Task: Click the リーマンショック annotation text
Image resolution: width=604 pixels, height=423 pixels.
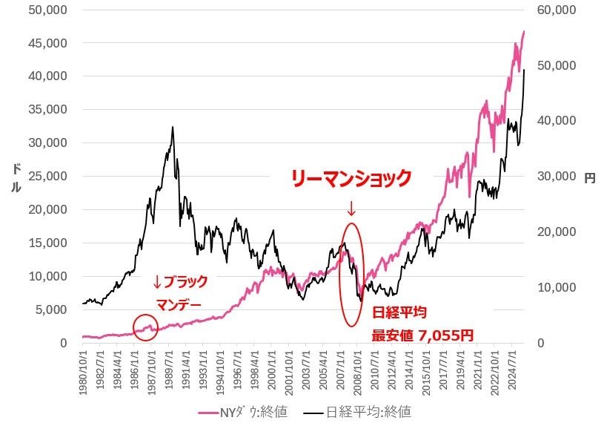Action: point(350,178)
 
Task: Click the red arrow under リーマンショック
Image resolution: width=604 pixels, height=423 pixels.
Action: point(351,209)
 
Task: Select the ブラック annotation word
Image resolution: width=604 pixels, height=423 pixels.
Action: point(181,282)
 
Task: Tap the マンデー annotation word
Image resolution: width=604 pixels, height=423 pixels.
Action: point(179,304)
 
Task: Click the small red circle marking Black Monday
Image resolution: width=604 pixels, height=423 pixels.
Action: point(145,327)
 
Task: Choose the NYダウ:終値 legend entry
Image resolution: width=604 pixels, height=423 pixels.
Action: point(245,410)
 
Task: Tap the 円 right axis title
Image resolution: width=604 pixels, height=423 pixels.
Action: point(590,178)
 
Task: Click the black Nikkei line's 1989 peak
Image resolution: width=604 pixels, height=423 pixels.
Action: point(173,127)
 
